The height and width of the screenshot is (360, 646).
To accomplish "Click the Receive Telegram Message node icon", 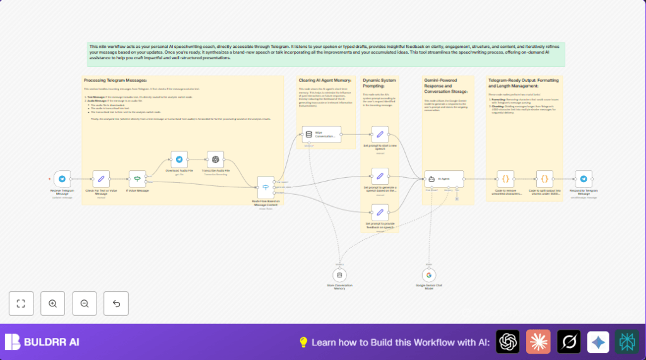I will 62,179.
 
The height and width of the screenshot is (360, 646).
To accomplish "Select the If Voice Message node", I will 138,179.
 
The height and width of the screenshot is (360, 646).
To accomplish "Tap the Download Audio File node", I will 179,160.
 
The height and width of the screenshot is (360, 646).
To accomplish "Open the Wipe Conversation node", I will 321,134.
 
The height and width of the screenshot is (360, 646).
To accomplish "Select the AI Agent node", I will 444,178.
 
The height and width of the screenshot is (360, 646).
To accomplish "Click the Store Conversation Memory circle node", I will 340,276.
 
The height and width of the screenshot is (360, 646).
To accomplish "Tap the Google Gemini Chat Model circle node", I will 429,276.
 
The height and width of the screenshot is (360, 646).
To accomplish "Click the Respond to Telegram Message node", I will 584,179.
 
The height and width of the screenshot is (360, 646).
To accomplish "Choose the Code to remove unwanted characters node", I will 506,179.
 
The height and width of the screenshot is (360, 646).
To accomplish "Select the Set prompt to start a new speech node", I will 380,134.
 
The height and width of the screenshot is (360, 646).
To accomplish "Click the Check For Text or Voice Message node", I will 101,179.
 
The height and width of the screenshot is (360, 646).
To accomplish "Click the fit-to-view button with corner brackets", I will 21,303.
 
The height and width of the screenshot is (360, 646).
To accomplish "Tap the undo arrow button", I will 116,303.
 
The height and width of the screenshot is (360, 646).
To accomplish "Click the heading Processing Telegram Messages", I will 115,80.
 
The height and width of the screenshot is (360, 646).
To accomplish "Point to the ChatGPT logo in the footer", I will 507,342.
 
